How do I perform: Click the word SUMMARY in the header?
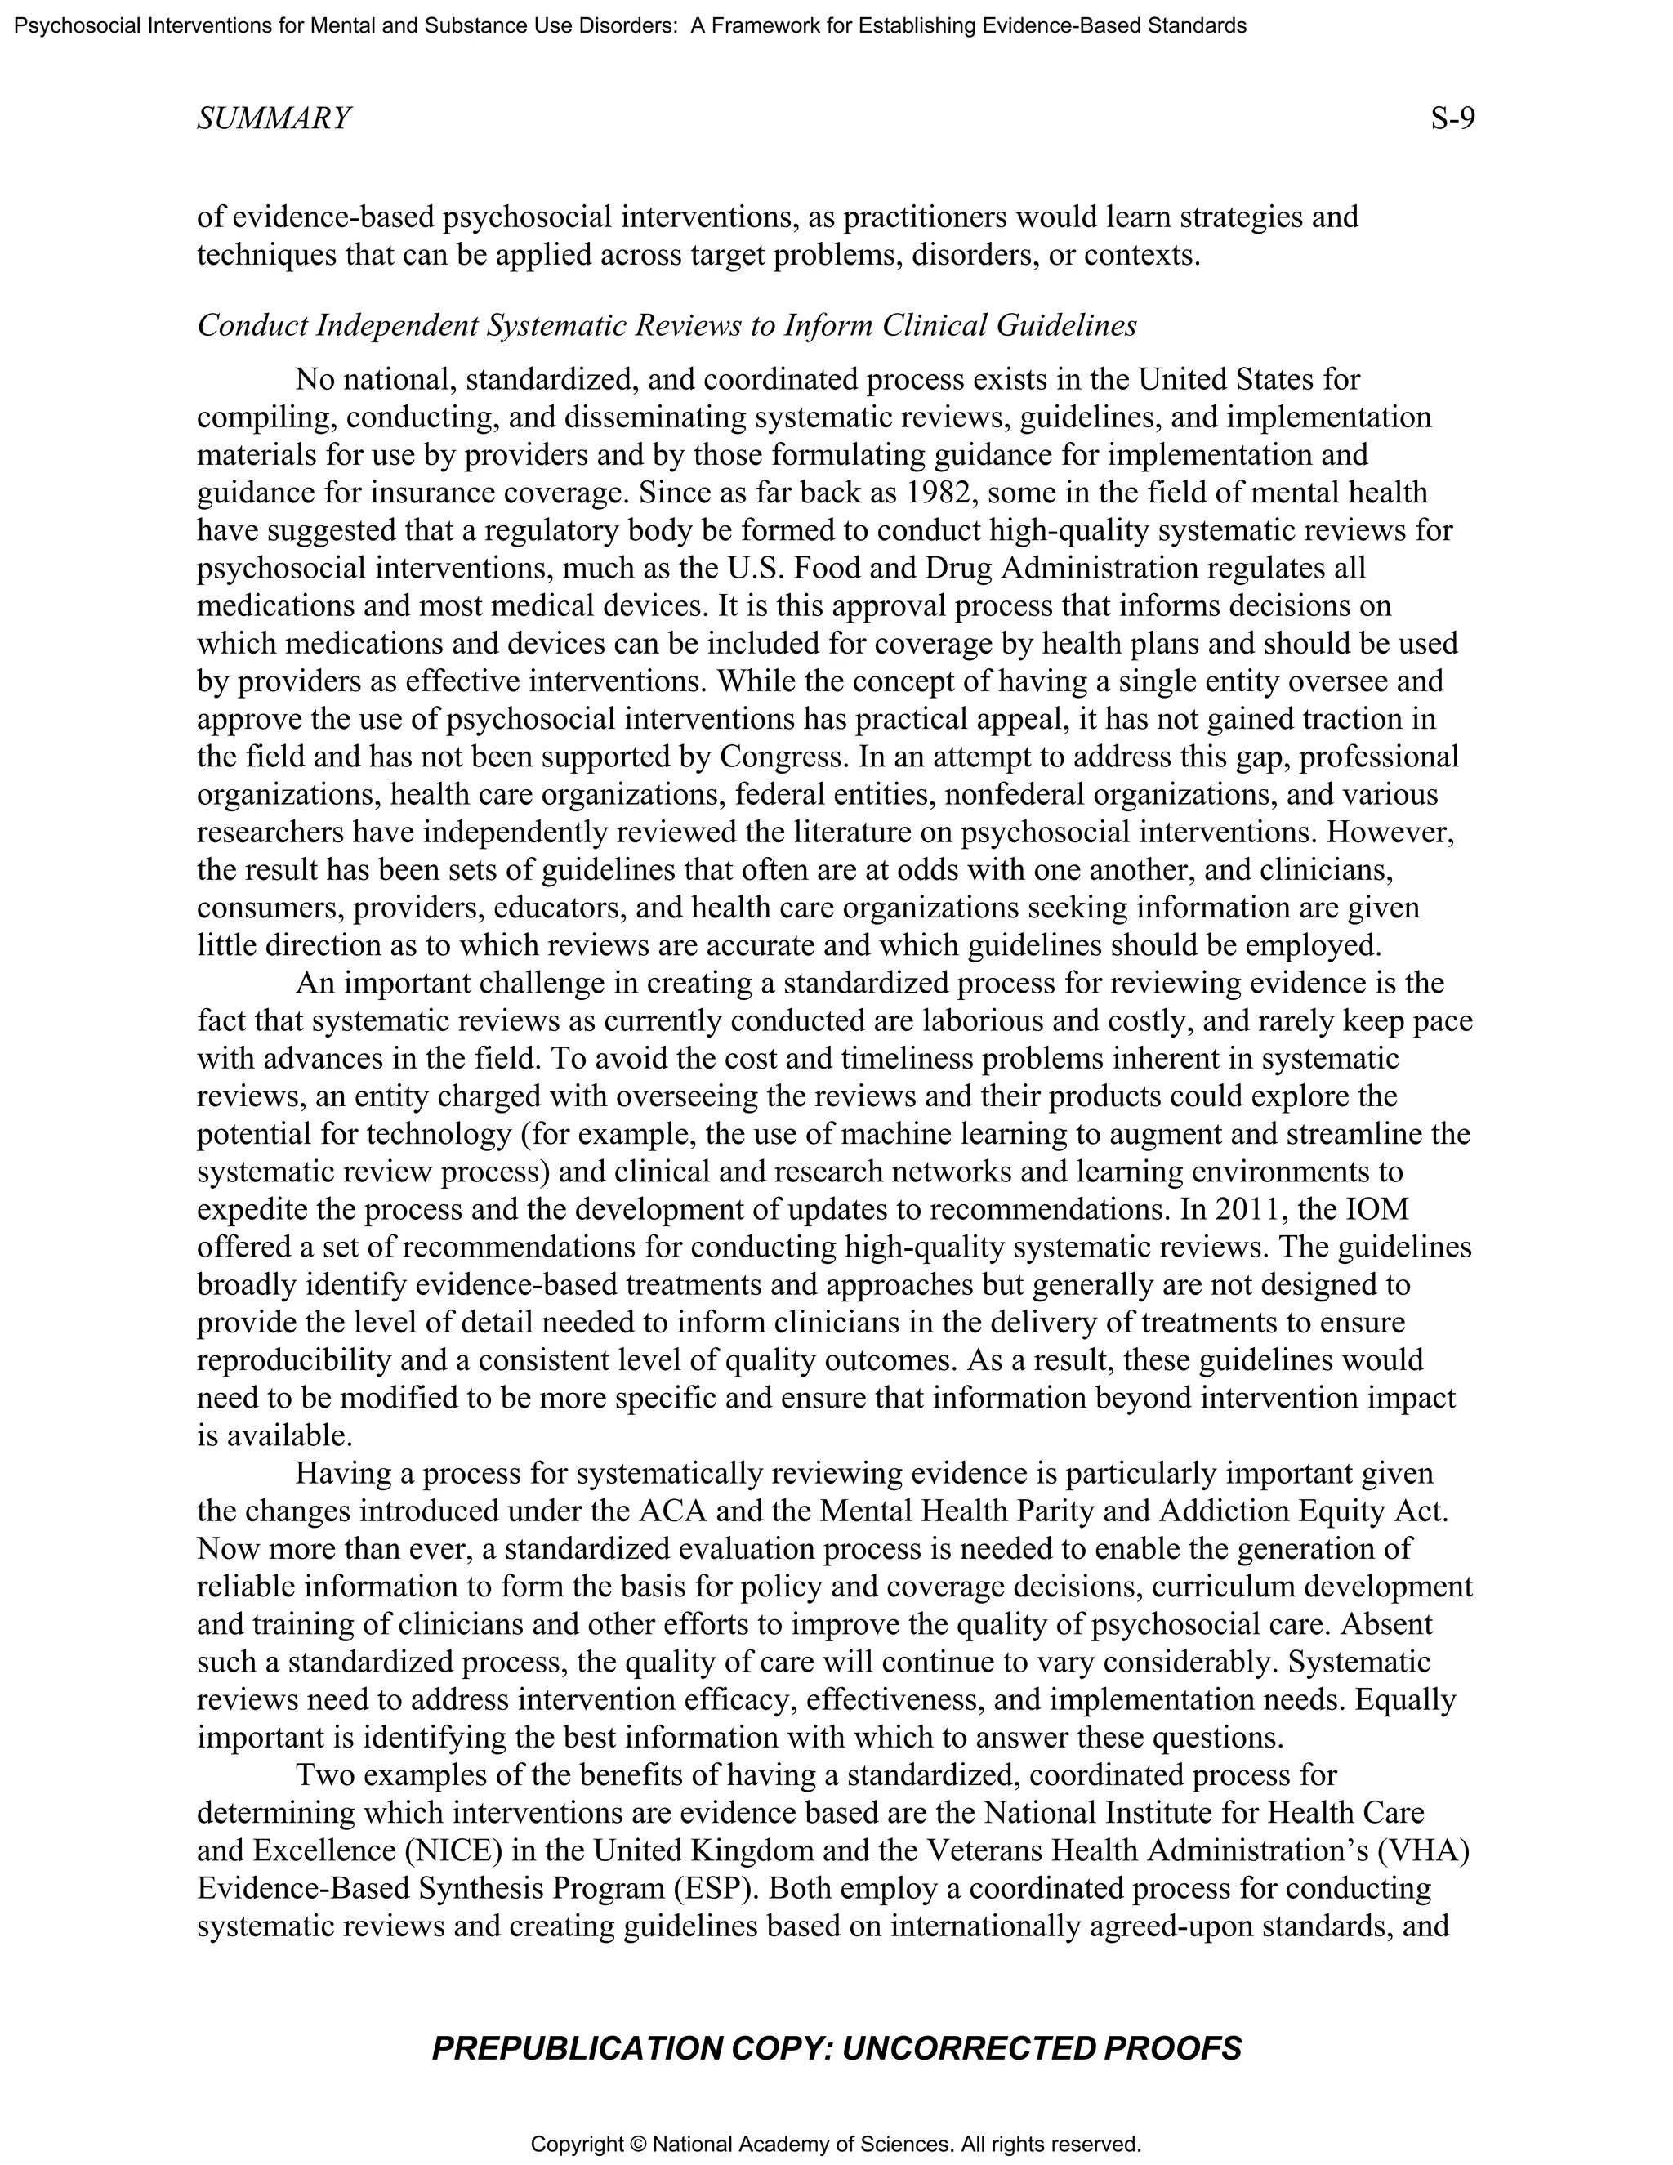[274, 119]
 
